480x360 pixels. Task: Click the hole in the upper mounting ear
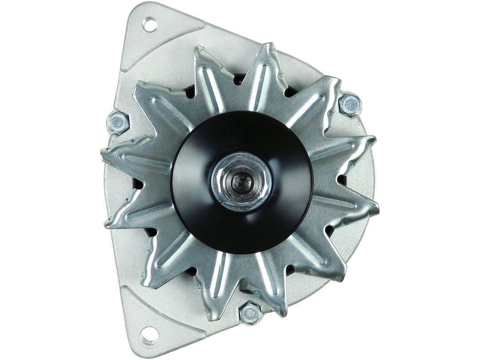click(150, 24)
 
